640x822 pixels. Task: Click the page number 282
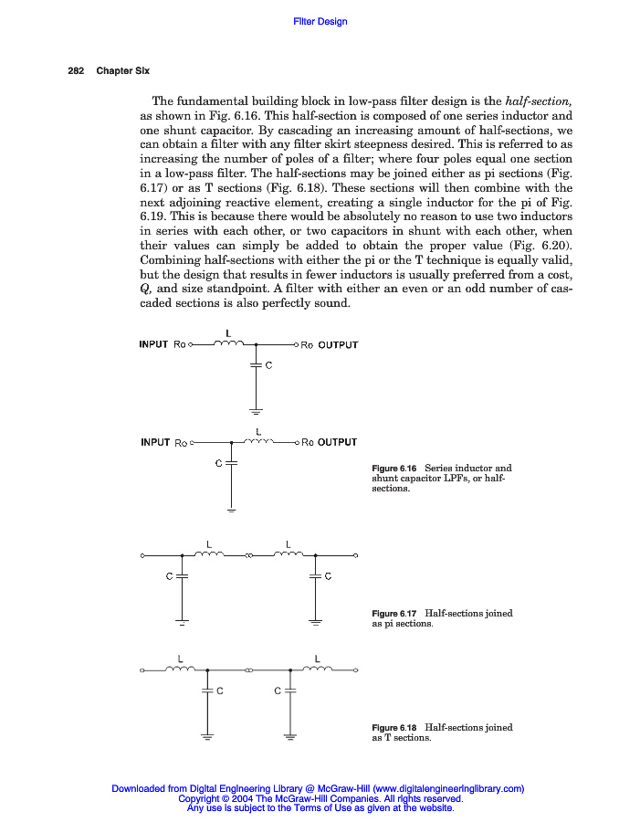pos(76,70)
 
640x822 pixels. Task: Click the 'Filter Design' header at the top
pos(320,22)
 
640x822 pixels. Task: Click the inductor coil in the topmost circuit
pos(227,344)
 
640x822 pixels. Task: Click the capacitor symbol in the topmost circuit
pos(257,365)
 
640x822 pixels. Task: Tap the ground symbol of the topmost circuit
pos(257,410)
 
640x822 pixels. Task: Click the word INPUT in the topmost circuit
pos(153,345)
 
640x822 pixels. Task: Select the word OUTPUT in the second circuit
pos(337,443)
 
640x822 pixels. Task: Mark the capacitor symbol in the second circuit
pos(231,463)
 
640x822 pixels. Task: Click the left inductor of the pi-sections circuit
pos(210,554)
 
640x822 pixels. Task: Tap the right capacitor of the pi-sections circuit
pos(315,576)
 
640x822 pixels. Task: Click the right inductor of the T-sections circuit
pos(317,669)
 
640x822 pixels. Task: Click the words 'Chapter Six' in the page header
pos(122,70)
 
